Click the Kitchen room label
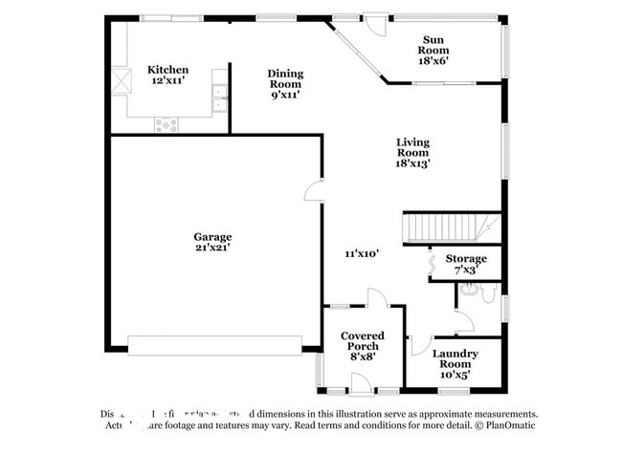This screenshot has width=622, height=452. (167, 75)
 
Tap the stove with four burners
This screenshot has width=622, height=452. (167, 123)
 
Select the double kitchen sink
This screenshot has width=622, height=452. (220, 93)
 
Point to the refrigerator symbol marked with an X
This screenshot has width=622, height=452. (119, 80)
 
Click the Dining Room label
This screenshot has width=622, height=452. (285, 84)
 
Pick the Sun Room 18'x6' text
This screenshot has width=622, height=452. (433, 50)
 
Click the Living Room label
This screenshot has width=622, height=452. (413, 153)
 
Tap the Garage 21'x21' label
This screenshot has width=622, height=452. (212, 243)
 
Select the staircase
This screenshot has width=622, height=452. (450, 227)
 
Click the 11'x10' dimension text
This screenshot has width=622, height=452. (364, 254)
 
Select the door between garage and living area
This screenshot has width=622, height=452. (313, 193)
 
